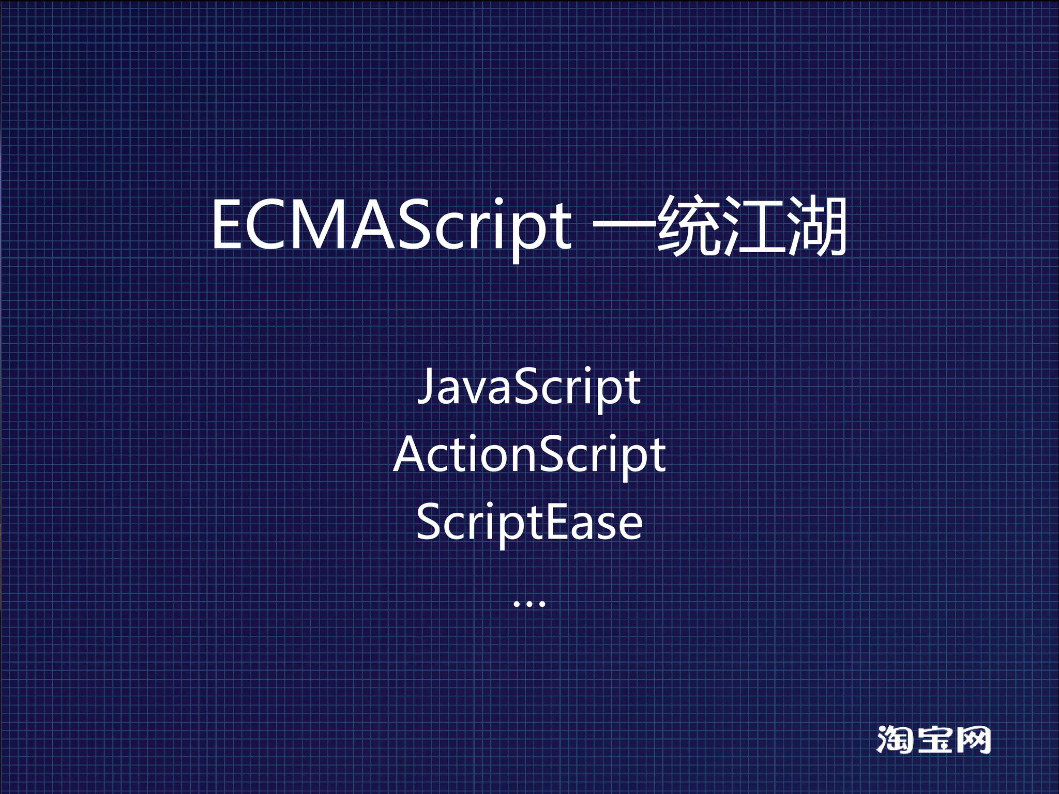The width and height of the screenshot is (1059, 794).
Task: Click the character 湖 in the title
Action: click(x=816, y=226)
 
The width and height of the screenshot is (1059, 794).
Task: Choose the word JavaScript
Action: click(x=529, y=387)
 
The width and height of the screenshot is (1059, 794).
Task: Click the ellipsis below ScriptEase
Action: click(x=529, y=603)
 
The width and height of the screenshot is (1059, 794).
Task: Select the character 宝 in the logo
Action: click(x=933, y=740)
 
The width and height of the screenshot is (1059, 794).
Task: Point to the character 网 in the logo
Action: click(x=973, y=740)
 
